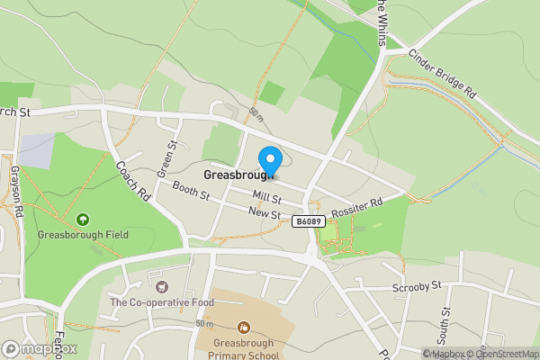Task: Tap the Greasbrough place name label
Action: [x=238, y=175]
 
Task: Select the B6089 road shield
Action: [x=307, y=220]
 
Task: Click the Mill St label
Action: [x=267, y=197]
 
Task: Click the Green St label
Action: [x=166, y=159]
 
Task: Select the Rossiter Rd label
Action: [x=357, y=210]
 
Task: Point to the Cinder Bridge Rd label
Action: [x=441, y=73]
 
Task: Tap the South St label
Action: [x=444, y=328]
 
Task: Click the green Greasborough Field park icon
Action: [x=83, y=218]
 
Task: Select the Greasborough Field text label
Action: [x=83, y=235]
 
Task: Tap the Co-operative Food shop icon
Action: [x=162, y=286]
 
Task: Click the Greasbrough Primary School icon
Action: [x=242, y=327]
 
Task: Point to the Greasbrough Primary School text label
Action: [x=242, y=349]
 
